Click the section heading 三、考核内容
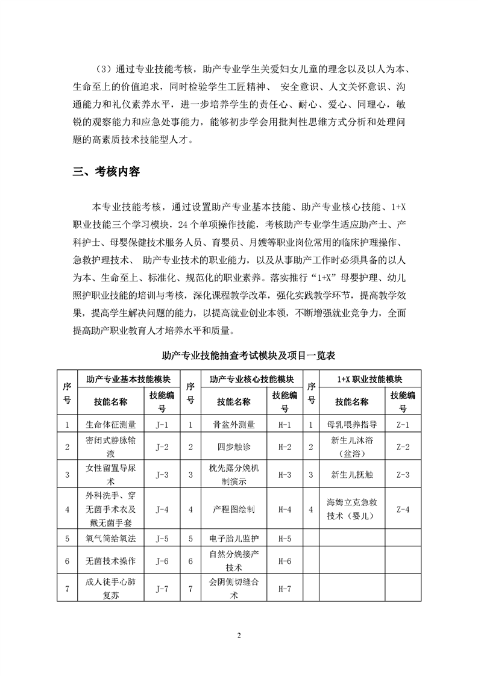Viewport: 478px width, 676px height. (106, 172)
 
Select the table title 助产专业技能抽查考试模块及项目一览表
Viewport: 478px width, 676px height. (239, 356)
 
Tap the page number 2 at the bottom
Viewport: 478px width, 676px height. (239, 635)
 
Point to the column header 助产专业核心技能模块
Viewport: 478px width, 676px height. (252, 380)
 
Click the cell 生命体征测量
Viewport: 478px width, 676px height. (112, 425)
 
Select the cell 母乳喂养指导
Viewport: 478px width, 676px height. (351, 425)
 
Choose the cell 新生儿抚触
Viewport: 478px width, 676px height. (351, 475)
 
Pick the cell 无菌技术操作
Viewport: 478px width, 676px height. (112, 561)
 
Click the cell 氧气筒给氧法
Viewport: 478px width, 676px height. (112, 538)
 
